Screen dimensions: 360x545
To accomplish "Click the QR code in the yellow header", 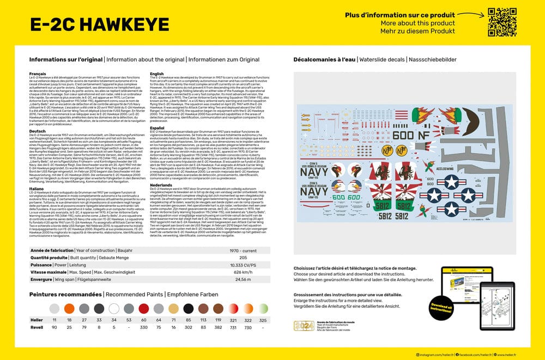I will pyautogui.click(x=502, y=22).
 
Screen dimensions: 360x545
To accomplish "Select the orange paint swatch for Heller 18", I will pyautogui.click(x=69, y=308).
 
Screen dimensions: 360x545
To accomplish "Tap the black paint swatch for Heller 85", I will pyautogui.click(x=188, y=308).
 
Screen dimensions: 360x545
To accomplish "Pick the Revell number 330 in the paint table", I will pyautogui.click(x=143, y=327).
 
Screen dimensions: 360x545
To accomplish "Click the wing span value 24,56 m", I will pyautogui.click(x=243, y=279).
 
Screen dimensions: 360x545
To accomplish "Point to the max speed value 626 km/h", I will pyautogui.click(x=243, y=272).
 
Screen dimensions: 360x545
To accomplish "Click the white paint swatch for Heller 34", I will pyautogui.click(x=113, y=308).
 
